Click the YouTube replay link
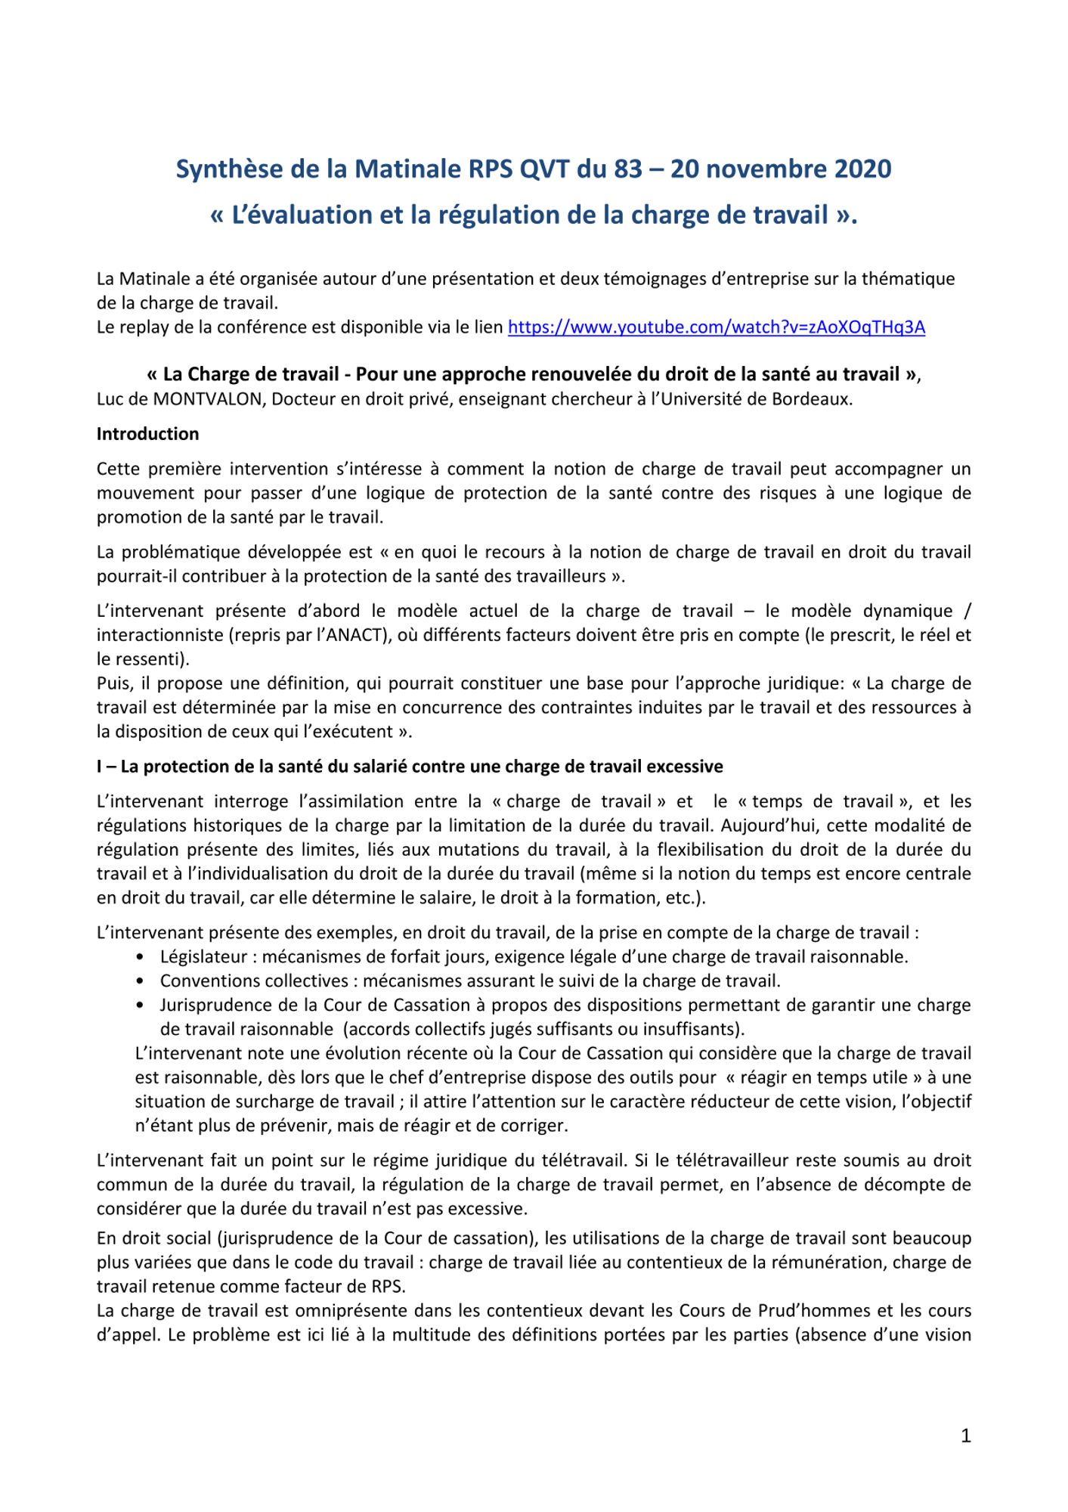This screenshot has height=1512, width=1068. point(716,327)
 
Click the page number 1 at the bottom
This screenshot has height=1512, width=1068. point(965,1436)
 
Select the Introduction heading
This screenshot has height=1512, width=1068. point(147,434)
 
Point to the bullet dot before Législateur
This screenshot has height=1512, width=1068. point(141,957)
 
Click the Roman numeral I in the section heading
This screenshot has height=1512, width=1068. point(100,767)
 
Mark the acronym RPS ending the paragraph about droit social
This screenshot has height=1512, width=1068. point(388,1287)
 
